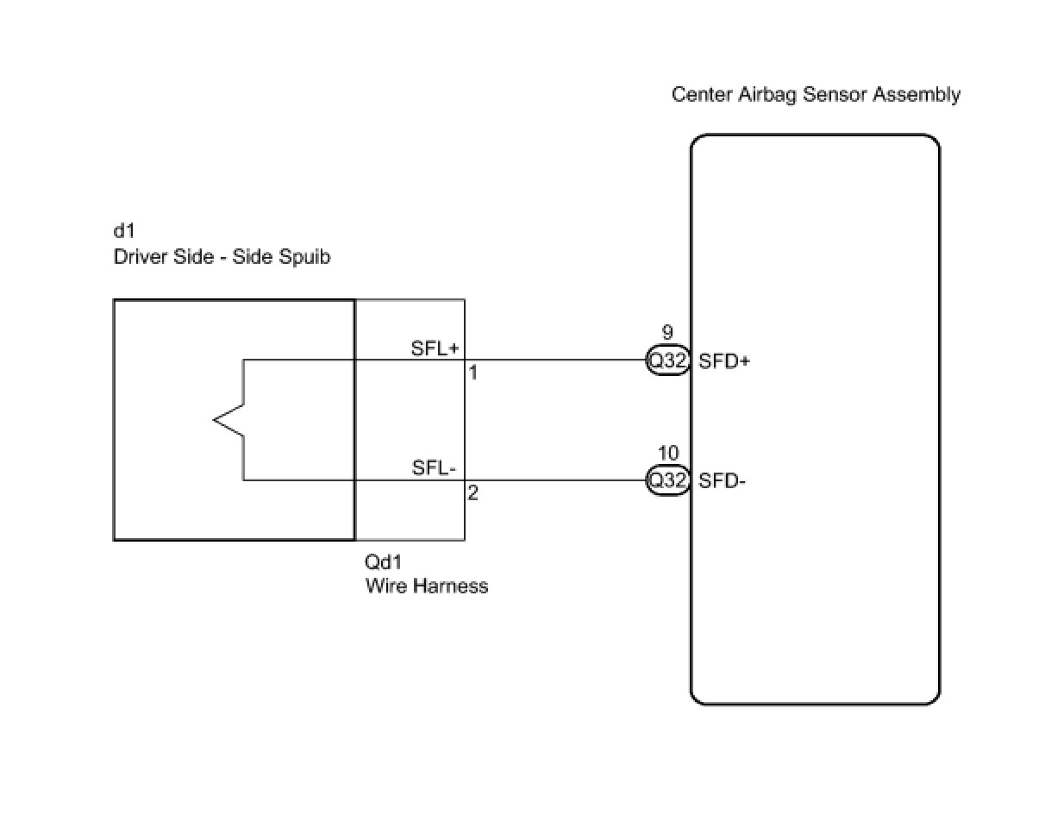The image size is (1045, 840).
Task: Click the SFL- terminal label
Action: point(434,468)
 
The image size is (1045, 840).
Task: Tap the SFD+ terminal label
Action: point(724,361)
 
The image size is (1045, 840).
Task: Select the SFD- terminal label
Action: point(722,480)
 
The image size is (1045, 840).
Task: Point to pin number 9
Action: point(666,333)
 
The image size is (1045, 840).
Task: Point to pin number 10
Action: point(667,454)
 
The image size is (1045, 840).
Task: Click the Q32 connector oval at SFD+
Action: point(667,361)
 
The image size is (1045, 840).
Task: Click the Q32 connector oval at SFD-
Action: point(667,480)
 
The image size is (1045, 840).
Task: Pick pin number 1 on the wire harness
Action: point(472,373)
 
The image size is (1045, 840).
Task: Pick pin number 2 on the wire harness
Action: point(472,494)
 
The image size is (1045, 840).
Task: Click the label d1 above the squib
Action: point(124,230)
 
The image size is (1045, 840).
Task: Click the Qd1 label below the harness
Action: point(384,562)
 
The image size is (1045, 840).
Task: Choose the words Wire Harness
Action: point(427,586)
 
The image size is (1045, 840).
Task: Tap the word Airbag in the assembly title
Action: point(767,95)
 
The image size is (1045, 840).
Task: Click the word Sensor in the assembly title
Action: point(835,95)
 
